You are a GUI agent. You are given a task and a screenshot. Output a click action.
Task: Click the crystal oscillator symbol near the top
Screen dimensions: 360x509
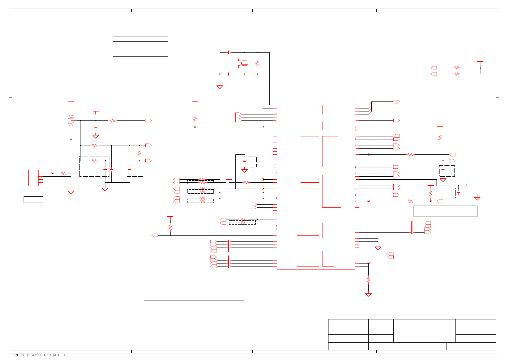coord(245,63)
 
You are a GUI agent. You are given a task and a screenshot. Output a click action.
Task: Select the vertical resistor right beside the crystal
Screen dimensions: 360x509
coord(257,63)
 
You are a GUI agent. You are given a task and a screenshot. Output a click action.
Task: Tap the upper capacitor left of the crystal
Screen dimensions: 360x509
coord(229,52)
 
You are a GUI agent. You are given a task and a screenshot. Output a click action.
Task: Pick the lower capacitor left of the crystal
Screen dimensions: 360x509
coord(229,74)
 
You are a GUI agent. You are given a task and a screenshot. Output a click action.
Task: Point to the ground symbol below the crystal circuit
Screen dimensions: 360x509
coord(220,87)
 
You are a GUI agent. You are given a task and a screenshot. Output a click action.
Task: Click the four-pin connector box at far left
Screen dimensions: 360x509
coord(33,178)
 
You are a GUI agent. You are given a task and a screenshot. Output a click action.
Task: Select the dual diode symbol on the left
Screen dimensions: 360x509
coord(71,120)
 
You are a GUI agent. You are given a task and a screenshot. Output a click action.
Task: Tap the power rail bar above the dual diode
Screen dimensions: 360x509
coord(71,102)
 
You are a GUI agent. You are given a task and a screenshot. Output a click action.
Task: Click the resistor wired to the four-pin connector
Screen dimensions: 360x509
coord(63,173)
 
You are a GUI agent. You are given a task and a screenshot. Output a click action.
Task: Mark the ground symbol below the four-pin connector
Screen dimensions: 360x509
coord(71,192)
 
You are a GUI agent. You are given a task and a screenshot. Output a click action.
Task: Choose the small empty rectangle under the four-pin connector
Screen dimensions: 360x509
coord(33,200)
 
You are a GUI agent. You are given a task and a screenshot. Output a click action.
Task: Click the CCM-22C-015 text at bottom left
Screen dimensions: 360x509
coord(38,355)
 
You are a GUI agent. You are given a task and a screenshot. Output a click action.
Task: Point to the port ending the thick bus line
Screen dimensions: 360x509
coord(396,102)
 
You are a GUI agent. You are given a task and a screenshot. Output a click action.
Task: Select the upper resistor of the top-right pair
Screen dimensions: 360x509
coord(457,68)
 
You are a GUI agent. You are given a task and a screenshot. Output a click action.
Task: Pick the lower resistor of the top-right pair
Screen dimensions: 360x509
coord(457,74)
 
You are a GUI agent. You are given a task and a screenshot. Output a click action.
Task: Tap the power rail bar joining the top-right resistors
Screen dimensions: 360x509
coord(480,62)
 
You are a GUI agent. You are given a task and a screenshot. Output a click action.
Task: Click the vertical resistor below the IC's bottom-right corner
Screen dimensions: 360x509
coord(368,280)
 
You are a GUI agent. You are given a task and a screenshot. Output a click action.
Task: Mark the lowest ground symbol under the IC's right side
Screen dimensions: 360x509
coord(368,295)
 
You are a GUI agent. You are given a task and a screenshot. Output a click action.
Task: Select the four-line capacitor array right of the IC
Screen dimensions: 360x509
coord(412,228)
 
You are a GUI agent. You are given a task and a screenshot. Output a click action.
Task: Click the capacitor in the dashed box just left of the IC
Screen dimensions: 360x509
coord(245,161)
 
